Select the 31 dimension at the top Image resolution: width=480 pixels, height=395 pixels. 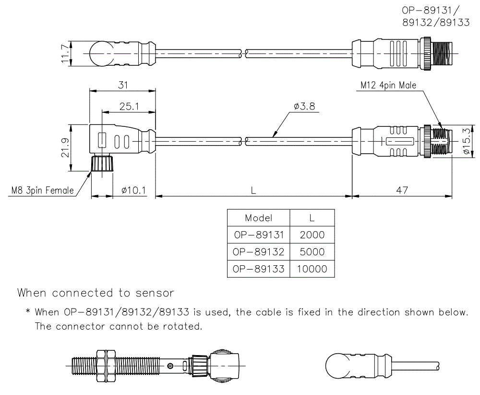click(123, 85)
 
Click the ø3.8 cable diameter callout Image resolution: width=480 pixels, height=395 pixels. click(303, 106)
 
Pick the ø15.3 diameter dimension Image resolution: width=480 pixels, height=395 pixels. click(465, 141)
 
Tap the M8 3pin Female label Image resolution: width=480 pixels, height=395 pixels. click(43, 190)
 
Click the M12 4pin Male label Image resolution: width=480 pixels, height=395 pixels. click(388, 85)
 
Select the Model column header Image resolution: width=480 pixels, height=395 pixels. click(258, 218)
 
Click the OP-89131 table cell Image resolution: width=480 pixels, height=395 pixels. click(258, 235)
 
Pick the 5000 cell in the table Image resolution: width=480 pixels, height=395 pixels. click(312, 252)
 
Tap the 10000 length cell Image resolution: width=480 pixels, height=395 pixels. click(312, 269)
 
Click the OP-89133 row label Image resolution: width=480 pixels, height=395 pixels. click(258, 269)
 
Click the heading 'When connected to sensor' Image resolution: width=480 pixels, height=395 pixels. click(96, 293)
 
